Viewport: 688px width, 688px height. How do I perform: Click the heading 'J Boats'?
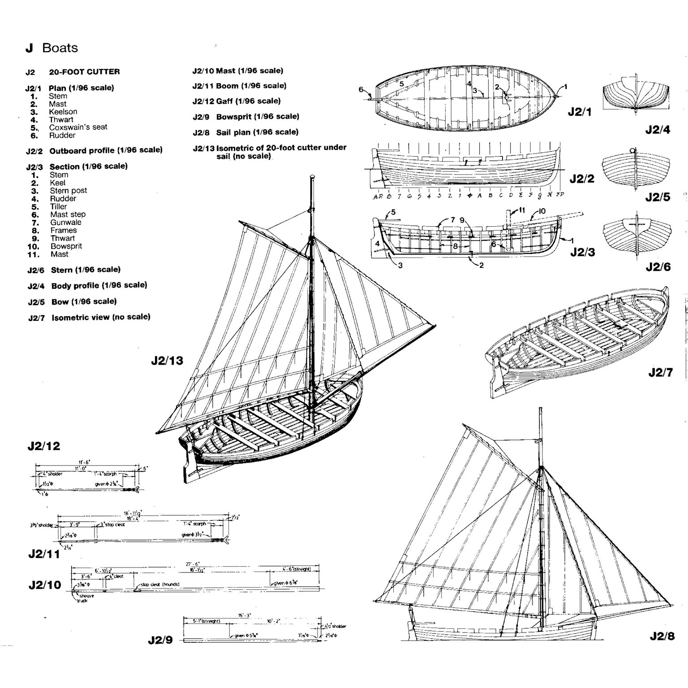coord(52,48)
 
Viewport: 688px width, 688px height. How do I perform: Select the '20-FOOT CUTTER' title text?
coord(84,72)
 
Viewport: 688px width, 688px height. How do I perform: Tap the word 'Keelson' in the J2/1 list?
coord(63,112)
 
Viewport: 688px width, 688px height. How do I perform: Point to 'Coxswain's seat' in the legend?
coord(78,127)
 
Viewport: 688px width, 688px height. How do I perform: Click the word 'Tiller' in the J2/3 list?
coord(58,206)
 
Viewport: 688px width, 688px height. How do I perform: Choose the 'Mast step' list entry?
coord(68,215)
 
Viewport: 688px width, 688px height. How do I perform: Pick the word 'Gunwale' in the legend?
coord(66,223)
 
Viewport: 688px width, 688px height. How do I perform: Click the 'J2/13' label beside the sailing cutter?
coord(167,361)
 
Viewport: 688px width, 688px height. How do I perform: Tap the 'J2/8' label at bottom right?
coord(661,636)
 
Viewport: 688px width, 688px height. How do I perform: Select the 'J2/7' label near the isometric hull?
coord(660,372)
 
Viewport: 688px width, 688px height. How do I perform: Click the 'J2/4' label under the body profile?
coord(658,130)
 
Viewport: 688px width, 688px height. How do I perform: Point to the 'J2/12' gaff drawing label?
coord(43,446)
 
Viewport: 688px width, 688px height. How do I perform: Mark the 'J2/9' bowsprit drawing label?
coord(160,640)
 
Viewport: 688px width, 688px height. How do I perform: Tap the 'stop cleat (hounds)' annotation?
coord(160,585)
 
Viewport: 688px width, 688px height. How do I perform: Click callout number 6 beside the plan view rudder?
coord(361,89)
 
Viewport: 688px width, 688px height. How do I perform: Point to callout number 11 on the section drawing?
coord(521,210)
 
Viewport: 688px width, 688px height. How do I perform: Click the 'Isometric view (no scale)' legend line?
coord(100,317)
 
